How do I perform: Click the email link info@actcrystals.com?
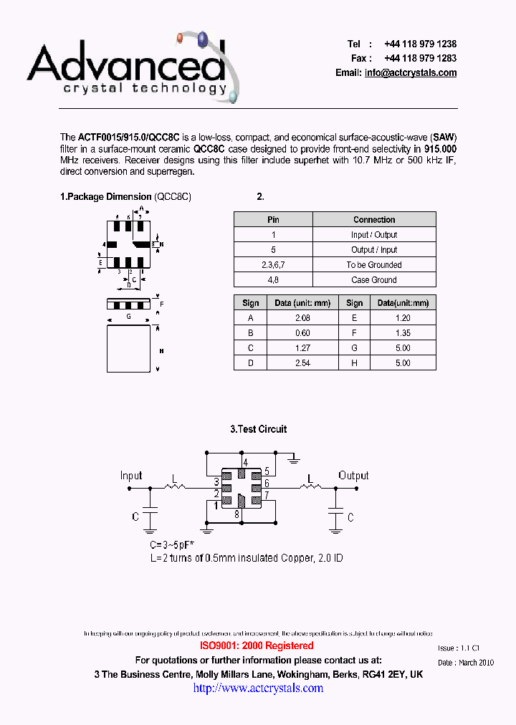point(411,73)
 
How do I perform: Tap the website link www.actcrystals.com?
point(258,688)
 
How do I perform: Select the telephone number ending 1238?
point(420,44)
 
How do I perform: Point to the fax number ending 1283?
point(420,59)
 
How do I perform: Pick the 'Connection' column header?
point(374,220)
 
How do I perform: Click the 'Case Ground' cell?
point(374,280)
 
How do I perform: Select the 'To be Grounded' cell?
point(374,265)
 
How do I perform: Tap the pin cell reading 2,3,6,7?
point(273,265)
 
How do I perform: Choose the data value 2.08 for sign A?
point(302,318)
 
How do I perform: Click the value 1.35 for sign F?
point(403,333)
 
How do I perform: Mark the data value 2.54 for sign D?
point(302,363)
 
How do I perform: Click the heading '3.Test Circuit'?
point(258,429)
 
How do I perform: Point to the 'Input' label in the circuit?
point(131,476)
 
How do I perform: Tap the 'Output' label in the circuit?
point(353,476)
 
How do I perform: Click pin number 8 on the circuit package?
point(236,514)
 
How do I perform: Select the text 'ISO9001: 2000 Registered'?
point(257,646)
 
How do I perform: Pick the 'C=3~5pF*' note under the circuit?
point(171,545)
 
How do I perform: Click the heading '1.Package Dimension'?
point(105,196)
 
